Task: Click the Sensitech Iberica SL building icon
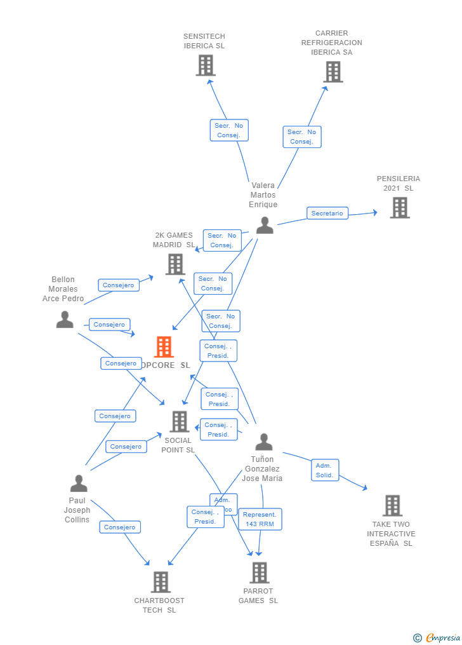(x=205, y=65)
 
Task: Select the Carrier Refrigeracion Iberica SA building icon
(x=333, y=72)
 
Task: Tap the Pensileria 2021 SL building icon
(x=399, y=208)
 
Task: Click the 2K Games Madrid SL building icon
(x=175, y=264)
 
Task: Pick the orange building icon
(x=164, y=347)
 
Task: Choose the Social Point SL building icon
(x=180, y=421)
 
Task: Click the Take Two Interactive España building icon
(x=392, y=506)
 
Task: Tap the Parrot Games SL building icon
(x=259, y=573)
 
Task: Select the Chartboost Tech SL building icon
(x=161, y=582)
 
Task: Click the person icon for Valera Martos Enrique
(x=265, y=225)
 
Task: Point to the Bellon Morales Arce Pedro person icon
(x=65, y=319)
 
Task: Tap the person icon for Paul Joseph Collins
(x=79, y=484)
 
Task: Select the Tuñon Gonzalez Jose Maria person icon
(x=263, y=442)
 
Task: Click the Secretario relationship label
(x=327, y=214)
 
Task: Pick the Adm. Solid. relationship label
(x=325, y=470)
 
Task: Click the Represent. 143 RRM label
(x=260, y=519)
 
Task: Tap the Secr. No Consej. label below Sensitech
(x=229, y=130)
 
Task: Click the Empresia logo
(x=437, y=637)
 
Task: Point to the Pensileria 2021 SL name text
(x=399, y=184)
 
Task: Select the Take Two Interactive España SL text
(x=391, y=534)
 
